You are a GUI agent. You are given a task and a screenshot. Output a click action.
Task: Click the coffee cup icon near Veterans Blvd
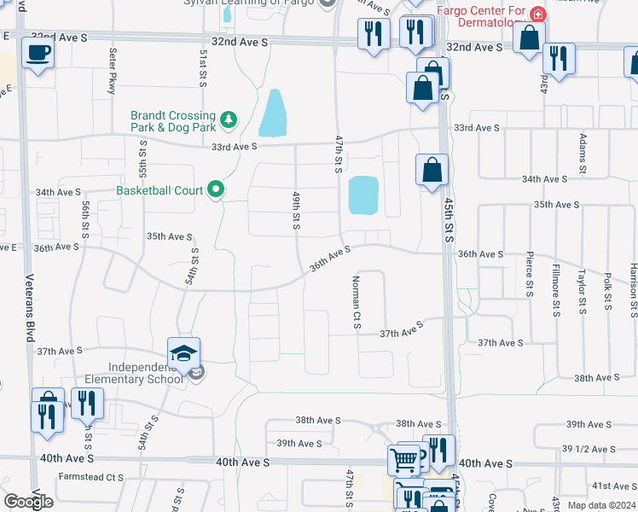pyautogui.click(x=38, y=53)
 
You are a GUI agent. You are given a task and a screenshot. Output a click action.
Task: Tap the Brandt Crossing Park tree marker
pyautogui.click(x=228, y=119)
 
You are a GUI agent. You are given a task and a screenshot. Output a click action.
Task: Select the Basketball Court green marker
pyautogui.click(x=217, y=189)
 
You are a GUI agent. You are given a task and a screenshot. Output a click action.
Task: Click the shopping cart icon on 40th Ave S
pyautogui.click(x=403, y=459)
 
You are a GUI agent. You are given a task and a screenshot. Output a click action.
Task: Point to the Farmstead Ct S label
pyautogui.click(x=90, y=478)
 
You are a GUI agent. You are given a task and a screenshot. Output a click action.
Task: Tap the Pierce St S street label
pyautogui.click(x=530, y=274)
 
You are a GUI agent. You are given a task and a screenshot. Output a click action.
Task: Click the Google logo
pyautogui.click(x=29, y=501)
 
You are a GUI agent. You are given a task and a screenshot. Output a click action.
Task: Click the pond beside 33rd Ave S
pyautogui.click(x=273, y=113)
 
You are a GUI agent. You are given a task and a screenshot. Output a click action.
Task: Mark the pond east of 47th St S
pyautogui.click(x=363, y=195)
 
